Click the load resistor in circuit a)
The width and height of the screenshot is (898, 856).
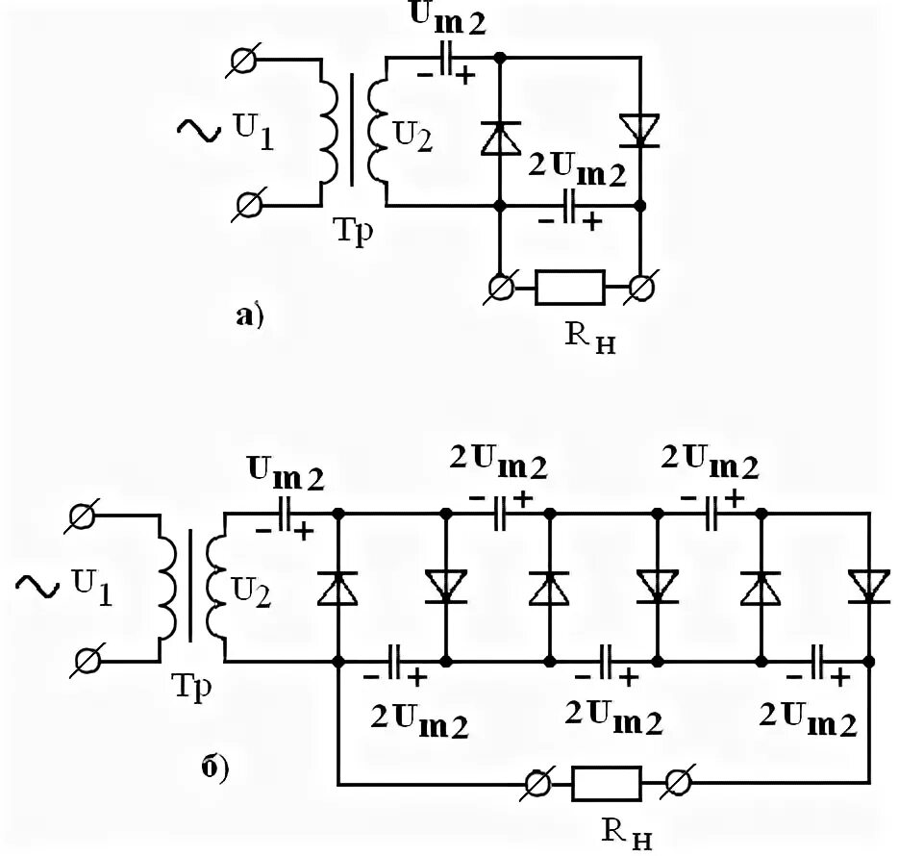pyautogui.click(x=570, y=287)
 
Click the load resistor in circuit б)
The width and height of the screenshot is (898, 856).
pyautogui.click(x=607, y=783)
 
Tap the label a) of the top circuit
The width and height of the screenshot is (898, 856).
pyautogui.click(x=250, y=315)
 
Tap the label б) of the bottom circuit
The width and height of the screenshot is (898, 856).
pyautogui.click(x=215, y=768)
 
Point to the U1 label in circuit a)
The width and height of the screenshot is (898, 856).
pyautogui.click(x=254, y=131)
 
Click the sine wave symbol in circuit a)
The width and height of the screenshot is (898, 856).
pyautogui.click(x=199, y=130)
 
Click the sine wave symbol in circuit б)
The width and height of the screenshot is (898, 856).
pyautogui.click(x=37, y=586)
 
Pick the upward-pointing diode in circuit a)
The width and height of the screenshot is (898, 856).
pyautogui.click(x=501, y=138)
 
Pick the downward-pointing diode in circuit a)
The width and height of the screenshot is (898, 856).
pyautogui.click(x=640, y=131)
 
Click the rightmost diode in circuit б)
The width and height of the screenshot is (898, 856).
pyautogui.click(x=869, y=587)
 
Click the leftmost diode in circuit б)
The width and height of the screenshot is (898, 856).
pyautogui.click(x=337, y=588)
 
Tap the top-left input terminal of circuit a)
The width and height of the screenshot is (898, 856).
pyautogui.click(x=244, y=59)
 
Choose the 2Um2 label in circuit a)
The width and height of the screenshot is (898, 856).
pyautogui.click(x=577, y=168)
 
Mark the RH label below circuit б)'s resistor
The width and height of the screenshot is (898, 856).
pyautogui.click(x=627, y=833)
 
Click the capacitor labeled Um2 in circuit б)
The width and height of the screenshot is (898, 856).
pyautogui.click(x=285, y=515)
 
